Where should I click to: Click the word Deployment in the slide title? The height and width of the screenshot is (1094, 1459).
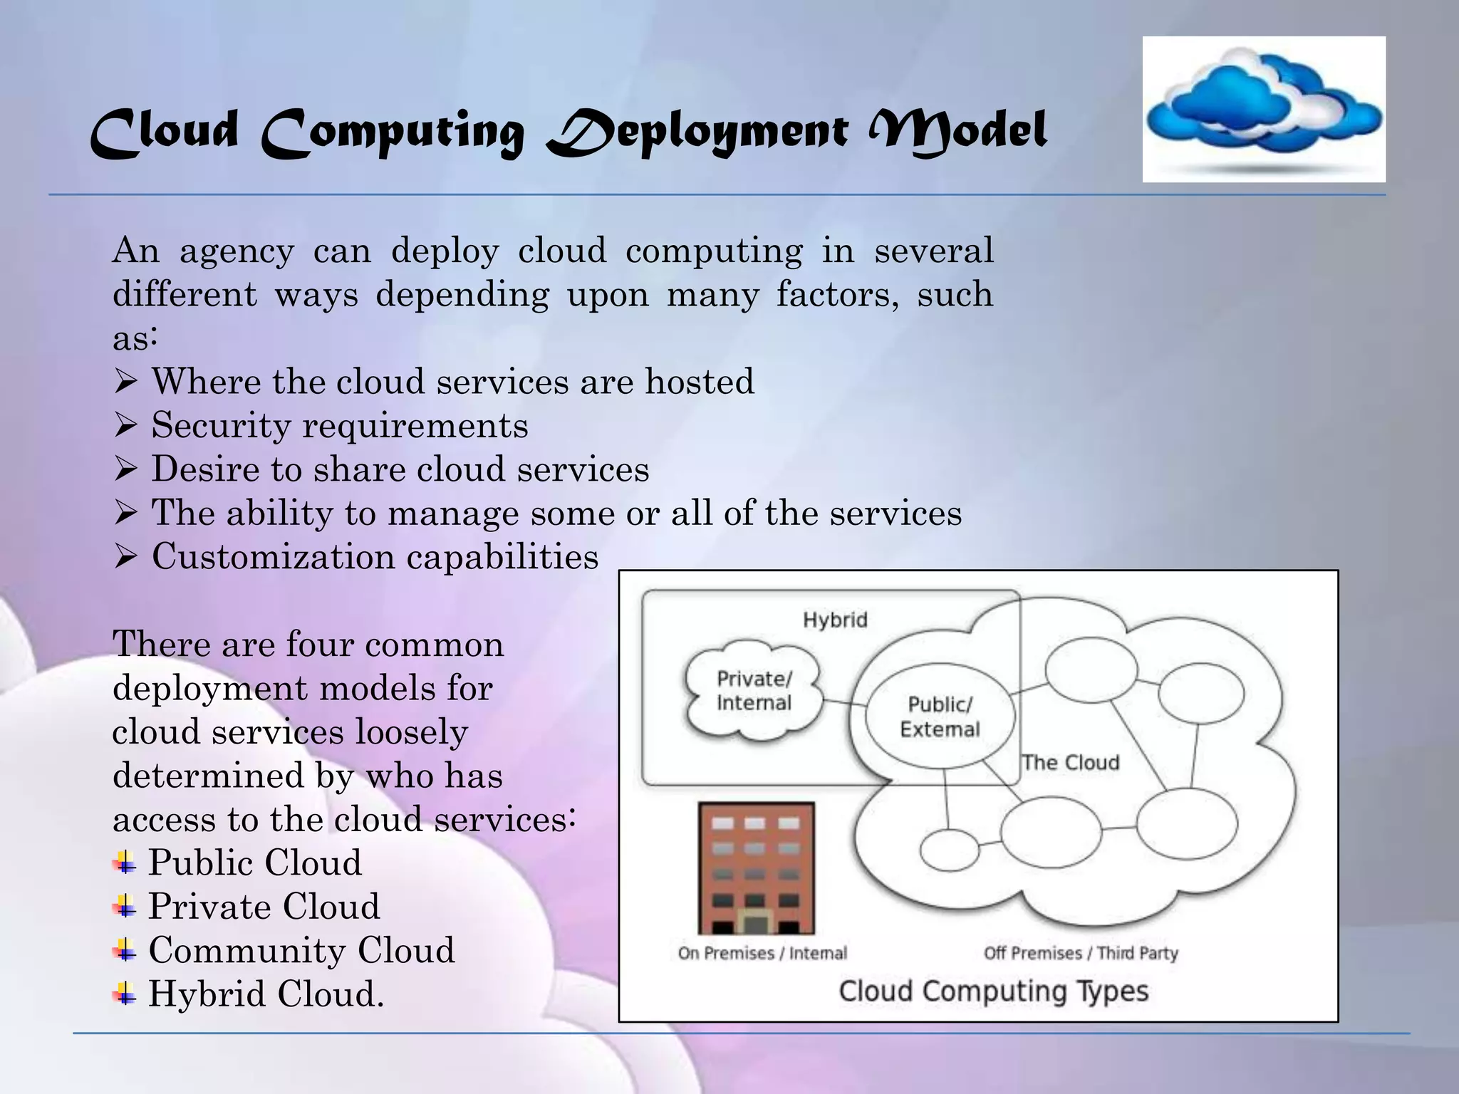coord(697,132)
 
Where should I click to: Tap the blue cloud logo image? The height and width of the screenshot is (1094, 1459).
coord(1264,108)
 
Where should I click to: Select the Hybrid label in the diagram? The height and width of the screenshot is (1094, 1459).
coord(835,620)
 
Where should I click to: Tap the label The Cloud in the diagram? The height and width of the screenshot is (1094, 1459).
coord(1070,763)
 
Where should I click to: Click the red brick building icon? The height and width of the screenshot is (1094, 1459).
coord(756,868)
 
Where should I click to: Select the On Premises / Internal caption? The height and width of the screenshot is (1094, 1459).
coord(762,953)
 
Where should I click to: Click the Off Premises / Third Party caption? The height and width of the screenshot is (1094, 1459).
coord(1080,953)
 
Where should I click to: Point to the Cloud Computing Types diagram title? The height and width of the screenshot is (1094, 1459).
coord(993,991)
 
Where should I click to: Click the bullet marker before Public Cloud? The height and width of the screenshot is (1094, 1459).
coord(125,863)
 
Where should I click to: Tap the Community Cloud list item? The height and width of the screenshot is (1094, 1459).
coord(301,950)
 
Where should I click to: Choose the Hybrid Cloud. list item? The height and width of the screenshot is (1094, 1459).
coord(266,994)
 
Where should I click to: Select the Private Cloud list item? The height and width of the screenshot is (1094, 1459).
coord(264,907)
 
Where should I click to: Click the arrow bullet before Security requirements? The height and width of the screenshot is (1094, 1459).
coord(125,427)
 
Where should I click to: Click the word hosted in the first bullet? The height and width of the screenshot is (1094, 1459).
coord(699,382)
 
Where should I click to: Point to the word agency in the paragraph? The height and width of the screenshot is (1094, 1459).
coord(237,251)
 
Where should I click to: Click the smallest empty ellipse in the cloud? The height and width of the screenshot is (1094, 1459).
coord(949,850)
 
